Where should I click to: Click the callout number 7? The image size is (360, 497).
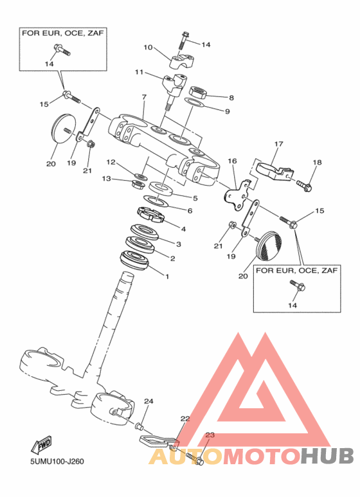[144, 97]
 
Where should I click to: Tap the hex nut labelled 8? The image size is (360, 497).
[198, 91]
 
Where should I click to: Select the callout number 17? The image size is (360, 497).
[278, 144]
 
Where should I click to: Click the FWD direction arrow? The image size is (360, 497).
[41, 445]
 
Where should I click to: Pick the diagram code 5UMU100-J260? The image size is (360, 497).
[57, 461]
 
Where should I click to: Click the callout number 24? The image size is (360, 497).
[148, 401]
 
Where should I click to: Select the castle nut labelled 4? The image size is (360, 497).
[151, 215]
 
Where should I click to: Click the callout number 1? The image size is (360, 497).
[167, 276]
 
